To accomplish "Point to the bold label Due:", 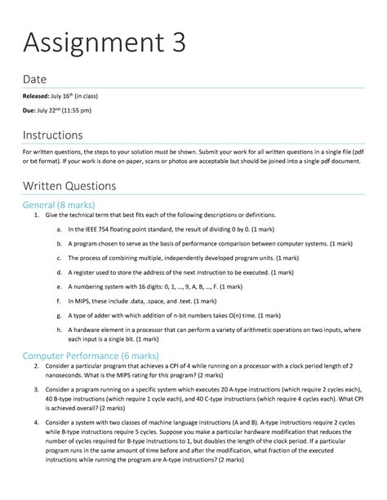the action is (30, 111).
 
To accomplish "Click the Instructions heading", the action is (54, 134).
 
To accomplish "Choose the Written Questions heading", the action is (69, 186).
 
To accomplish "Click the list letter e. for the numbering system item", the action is (60, 286).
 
